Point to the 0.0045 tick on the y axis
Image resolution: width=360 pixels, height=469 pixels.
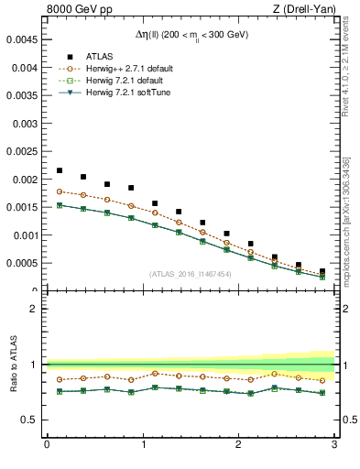point(22,39)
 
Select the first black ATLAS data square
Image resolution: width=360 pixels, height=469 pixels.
point(60,170)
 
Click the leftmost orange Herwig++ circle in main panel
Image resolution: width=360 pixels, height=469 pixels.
point(60,191)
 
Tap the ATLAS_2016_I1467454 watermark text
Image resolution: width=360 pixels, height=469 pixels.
point(190,274)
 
